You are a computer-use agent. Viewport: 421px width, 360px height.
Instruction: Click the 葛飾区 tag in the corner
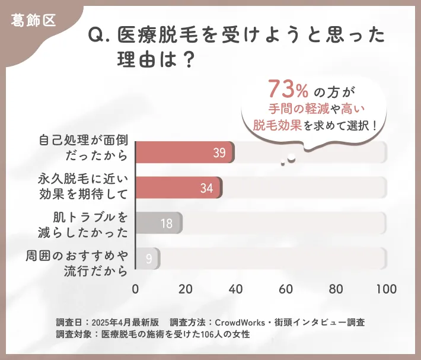coord(33,20)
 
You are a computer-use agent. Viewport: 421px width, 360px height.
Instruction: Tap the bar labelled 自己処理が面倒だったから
coord(185,152)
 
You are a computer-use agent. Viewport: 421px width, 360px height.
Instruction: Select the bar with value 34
coord(178,188)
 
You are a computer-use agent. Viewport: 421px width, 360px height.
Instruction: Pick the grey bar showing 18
coord(159,224)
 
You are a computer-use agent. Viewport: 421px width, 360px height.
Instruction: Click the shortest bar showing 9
coord(148,259)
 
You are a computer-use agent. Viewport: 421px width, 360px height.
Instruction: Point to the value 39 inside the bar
coord(219,153)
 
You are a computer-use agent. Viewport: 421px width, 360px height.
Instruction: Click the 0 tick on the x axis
coord(136,289)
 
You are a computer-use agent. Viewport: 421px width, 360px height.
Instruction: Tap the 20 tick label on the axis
coord(186,289)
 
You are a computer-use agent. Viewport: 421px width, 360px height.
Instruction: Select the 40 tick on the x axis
coord(236,289)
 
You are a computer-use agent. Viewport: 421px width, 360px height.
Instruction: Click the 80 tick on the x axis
coord(336,289)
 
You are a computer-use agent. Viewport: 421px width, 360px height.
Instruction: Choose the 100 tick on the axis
coord(386,289)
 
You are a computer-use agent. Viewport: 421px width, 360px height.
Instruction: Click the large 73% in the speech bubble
coord(288,90)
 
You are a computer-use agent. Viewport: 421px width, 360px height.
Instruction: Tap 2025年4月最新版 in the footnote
coord(125,323)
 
